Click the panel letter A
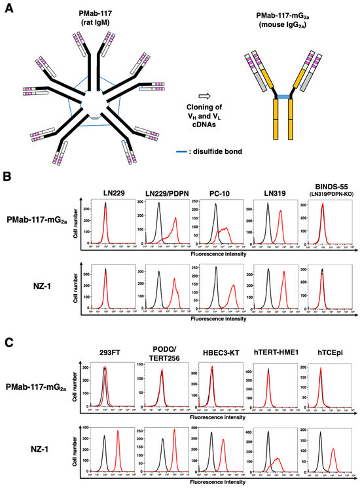pos(9,8)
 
